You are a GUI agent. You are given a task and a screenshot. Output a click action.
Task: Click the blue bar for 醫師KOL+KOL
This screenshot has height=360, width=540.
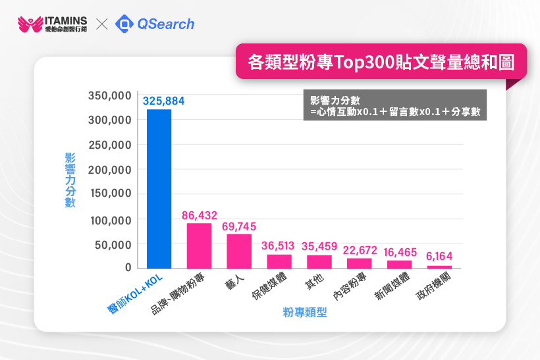pyautogui.click(x=159, y=189)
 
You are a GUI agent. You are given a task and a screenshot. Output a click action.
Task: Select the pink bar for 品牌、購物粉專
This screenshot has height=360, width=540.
pyautogui.click(x=199, y=246)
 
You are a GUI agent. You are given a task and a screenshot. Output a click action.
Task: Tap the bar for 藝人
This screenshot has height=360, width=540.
pyautogui.click(x=239, y=251)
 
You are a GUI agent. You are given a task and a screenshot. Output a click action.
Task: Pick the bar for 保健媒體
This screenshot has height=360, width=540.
pyautogui.click(x=279, y=261)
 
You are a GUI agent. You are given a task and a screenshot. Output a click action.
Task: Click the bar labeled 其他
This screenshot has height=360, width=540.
pyautogui.click(x=319, y=261)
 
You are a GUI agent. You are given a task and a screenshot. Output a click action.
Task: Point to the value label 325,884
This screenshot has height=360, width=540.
pyautogui.click(x=164, y=101)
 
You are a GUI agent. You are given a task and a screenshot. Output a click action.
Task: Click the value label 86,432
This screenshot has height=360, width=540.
pyautogui.click(x=200, y=215)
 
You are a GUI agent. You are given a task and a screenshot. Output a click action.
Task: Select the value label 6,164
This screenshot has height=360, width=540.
pyautogui.click(x=439, y=257)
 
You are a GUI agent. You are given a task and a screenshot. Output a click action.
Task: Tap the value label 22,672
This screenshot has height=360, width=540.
pyautogui.click(x=359, y=249)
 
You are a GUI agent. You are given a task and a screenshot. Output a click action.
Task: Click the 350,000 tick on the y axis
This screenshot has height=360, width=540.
pyautogui.click(x=110, y=96)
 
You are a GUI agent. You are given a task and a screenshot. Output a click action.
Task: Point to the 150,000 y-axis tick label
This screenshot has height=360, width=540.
pyautogui.click(x=110, y=195)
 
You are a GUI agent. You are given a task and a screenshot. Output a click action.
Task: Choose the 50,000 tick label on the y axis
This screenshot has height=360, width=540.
pyautogui.click(x=113, y=245)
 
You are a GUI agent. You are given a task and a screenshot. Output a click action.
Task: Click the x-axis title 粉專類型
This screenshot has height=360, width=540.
pyautogui.click(x=305, y=313)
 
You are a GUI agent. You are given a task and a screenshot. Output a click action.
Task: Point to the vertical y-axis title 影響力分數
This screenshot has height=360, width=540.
pyautogui.click(x=70, y=180)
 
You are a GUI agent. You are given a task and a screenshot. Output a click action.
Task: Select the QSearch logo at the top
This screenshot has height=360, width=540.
pyautogui.click(x=155, y=24)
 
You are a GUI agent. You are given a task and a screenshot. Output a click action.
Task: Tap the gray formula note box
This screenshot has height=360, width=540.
pyautogui.click(x=394, y=105)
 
